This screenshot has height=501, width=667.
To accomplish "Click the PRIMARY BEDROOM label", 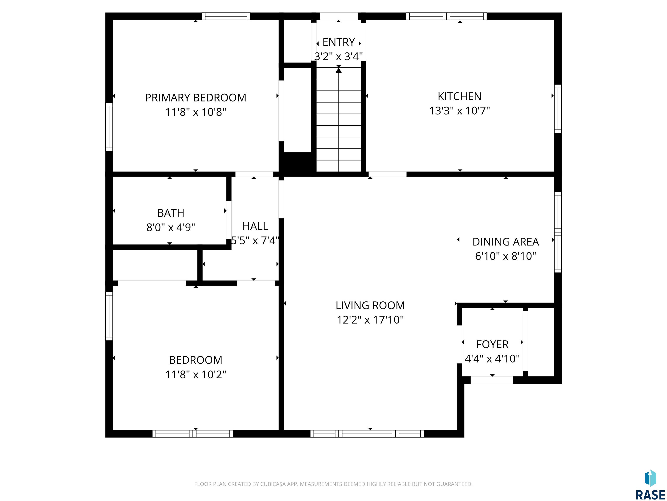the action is click(x=195, y=98).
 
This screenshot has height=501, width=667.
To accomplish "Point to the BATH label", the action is click(x=171, y=213).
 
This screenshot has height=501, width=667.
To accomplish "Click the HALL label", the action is click(x=255, y=226).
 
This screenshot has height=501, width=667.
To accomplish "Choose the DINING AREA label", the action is click(x=505, y=242).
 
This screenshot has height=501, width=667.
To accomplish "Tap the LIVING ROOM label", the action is click(x=370, y=305).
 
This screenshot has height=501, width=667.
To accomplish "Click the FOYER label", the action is click(x=492, y=344).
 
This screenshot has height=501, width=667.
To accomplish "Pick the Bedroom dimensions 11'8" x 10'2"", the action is click(x=195, y=374).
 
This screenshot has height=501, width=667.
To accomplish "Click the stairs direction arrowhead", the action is click(x=339, y=70).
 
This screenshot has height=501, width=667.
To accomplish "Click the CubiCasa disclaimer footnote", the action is click(x=333, y=484).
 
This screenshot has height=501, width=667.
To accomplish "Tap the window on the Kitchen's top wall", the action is click(x=446, y=16).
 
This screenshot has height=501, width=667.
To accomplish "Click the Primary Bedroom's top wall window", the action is click(x=226, y=16).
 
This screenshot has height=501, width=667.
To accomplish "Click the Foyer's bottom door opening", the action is click(x=492, y=380).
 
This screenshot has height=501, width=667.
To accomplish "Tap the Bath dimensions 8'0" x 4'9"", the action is click(x=171, y=227).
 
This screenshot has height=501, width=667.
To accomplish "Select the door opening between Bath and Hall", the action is click(x=229, y=220).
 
